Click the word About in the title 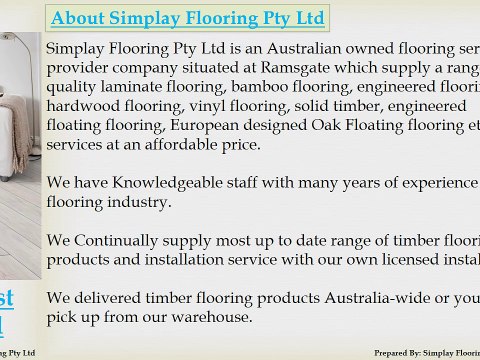[x=78, y=18]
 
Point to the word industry [x=140, y=202]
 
